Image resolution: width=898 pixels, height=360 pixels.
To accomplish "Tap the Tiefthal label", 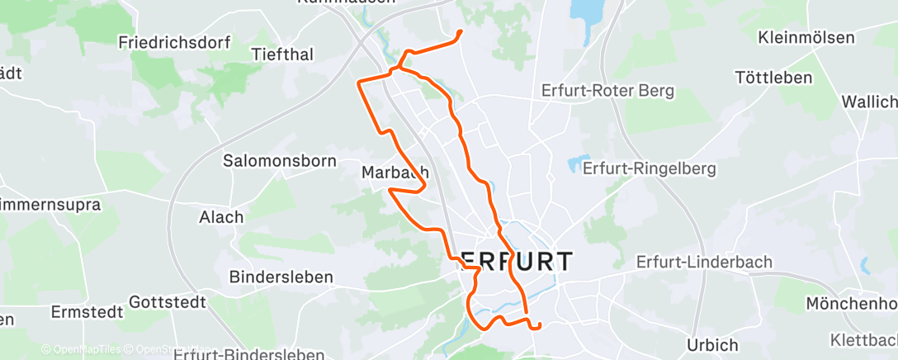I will coord(282,54).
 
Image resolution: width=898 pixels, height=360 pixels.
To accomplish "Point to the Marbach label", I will coord(395,173).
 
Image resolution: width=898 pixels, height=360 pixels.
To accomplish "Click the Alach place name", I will coord(221,217).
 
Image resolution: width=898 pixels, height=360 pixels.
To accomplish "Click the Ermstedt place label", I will coord(87,312).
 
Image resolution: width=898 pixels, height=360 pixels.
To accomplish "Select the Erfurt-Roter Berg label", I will coord(608,90).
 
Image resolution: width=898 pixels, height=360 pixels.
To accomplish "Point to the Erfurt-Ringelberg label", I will coord(649,168).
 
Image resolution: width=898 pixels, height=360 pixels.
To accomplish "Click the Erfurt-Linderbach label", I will coord(704,262).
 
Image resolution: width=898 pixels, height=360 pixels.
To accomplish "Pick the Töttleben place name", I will coord(773,78).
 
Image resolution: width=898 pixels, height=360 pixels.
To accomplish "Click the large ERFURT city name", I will coord(509,262).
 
